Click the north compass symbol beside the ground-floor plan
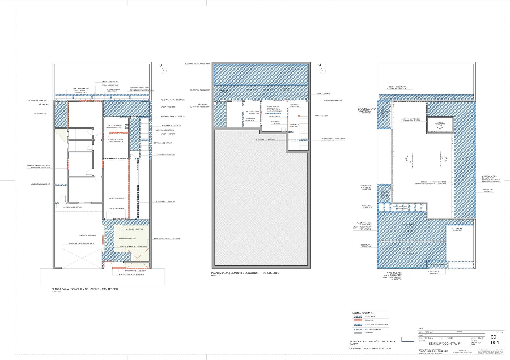click(x=164, y=71)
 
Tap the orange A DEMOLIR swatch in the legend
click(x=358, y=320)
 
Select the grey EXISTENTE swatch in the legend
click(x=358, y=333)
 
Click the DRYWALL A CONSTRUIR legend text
click(x=373, y=329)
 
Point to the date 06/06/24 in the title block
click(x=449, y=338)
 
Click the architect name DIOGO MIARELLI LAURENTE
click(x=433, y=351)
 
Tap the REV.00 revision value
click(x=480, y=338)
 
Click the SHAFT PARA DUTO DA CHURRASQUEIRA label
click(x=114, y=126)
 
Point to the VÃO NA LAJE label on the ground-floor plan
click(x=44, y=104)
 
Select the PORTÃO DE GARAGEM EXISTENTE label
click(x=81, y=244)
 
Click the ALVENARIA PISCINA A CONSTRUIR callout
click(x=197, y=64)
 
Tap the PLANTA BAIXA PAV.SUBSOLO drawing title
click(x=245, y=273)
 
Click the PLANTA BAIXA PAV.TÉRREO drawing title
click(x=84, y=289)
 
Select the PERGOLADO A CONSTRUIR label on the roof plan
click(x=367, y=207)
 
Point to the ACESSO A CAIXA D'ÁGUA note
click(x=410, y=120)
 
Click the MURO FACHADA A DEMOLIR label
click(x=135, y=271)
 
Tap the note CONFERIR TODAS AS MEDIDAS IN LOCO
click(x=370, y=348)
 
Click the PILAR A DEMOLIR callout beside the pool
click(x=323, y=94)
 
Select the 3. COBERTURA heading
click(x=367, y=109)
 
